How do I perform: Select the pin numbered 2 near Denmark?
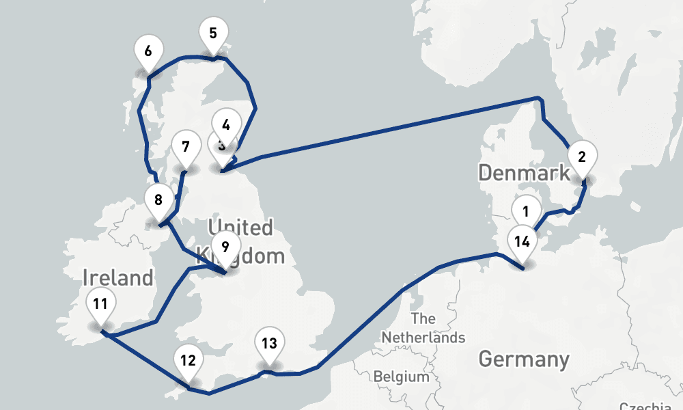(x=582, y=156)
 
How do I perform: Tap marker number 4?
(x=227, y=124)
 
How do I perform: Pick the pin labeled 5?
(x=213, y=33)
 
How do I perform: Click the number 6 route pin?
(x=148, y=51)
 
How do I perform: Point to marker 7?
(x=183, y=146)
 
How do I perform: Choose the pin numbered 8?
(x=158, y=200)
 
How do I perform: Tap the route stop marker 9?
(x=225, y=245)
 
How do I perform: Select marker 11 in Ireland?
(x=100, y=303)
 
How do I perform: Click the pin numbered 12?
(x=189, y=359)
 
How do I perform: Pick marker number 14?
(x=522, y=241)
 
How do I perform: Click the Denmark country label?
(x=524, y=172)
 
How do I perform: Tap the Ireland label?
(x=118, y=278)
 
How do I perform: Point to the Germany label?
(x=524, y=359)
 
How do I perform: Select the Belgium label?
(x=402, y=377)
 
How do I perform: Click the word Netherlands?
(x=423, y=337)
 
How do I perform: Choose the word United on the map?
(x=240, y=227)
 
